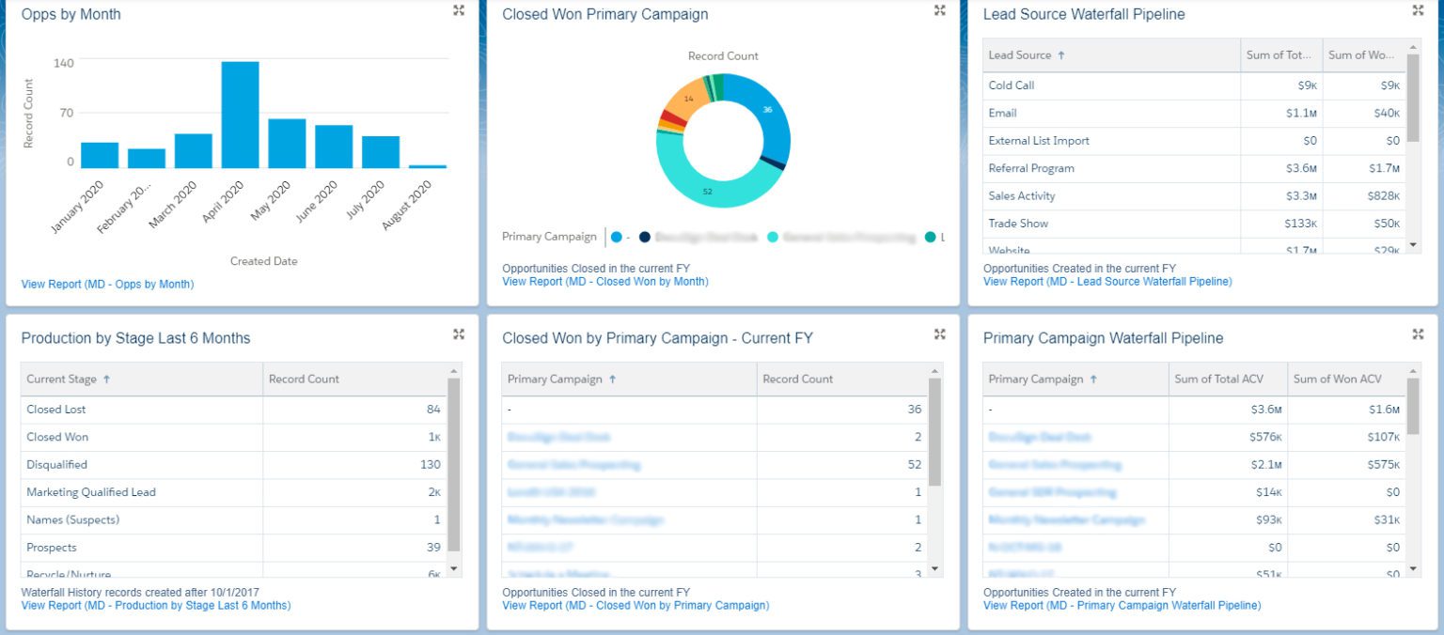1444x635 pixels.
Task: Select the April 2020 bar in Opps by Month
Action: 240,115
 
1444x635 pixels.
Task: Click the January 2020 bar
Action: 100,155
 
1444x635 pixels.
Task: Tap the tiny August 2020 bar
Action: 428,166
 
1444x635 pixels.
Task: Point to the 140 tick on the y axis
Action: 64,63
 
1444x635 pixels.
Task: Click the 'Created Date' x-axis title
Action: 263,261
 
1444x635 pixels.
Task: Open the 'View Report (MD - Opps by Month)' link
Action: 107,284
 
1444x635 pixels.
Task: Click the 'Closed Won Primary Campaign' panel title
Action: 604,15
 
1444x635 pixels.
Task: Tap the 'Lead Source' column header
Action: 1020,55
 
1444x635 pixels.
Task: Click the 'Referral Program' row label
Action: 1031,168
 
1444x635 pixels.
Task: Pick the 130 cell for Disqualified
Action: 430,464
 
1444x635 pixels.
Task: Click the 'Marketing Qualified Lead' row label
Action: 91,492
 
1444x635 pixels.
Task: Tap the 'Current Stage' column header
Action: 62,379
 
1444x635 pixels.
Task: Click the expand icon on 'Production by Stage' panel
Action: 459,334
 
